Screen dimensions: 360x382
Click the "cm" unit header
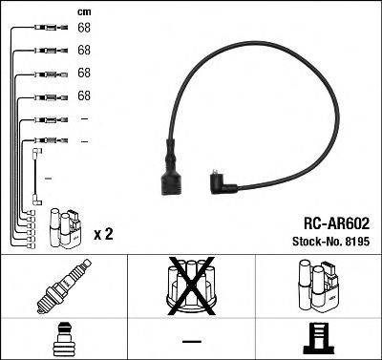(x=83, y=11)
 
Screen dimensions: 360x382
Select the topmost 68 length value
(x=84, y=28)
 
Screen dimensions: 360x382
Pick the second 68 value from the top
(x=84, y=50)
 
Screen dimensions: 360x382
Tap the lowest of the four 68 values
(x=84, y=95)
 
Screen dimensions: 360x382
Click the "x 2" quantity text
(x=104, y=233)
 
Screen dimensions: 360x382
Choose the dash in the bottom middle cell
(x=192, y=341)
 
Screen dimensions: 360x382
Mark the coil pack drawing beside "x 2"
(x=64, y=226)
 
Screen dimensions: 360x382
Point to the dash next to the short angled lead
(x=48, y=179)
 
